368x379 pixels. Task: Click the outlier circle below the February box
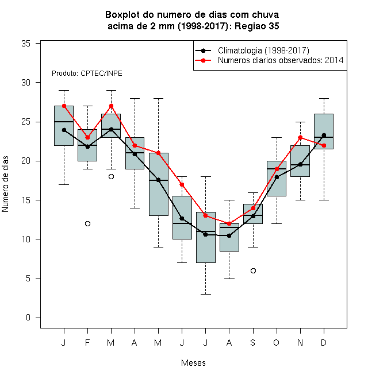[x=87, y=223]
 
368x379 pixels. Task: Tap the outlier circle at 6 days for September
[x=253, y=270]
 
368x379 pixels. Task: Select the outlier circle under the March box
[x=111, y=177]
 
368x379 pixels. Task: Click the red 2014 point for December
[x=324, y=145]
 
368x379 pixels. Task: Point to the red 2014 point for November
[x=301, y=138]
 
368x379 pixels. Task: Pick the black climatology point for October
[x=277, y=177]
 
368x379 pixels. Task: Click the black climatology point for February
[x=87, y=146]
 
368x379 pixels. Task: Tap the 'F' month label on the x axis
[x=87, y=342]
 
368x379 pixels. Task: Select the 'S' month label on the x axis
[x=253, y=342]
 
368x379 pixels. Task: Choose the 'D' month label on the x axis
[x=324, y=342]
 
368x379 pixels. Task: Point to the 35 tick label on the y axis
[x=26, y=44]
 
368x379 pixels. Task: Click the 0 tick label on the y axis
[x=28, y=318]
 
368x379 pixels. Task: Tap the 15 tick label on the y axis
[x=26, y=200]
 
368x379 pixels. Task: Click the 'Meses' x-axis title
[x=193, y=363]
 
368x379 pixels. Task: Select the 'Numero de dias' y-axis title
[x=5, y=184]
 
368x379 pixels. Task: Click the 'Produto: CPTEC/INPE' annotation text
[x=87, y=74]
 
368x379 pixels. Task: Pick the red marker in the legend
[x=203, y=60]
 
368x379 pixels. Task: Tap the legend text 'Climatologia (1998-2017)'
[x=263, y=51]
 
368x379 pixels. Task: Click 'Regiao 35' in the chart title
[x=257, y=26]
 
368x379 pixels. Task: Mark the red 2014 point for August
[x=229, y=223]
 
